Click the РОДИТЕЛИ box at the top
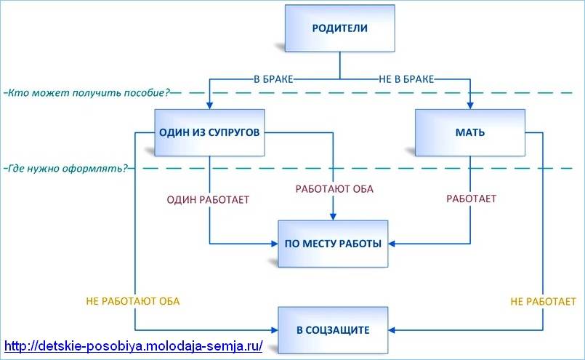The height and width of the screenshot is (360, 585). pos(339,30)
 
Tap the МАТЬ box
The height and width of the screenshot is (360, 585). pos(469,133)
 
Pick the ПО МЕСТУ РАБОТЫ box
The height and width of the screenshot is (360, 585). pos(334,244)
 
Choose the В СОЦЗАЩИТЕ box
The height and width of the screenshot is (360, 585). pos(334,330)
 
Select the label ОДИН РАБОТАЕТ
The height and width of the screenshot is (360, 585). pos(209,198)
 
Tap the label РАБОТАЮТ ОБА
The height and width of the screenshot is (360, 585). pos(334,189)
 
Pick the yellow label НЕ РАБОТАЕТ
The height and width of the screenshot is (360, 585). pos(544,301)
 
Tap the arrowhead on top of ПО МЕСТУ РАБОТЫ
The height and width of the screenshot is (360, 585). pos(334,216)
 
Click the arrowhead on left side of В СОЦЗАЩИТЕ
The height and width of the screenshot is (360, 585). pos(274,329)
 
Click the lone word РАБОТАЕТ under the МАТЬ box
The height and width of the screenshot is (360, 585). pos(471,198)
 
